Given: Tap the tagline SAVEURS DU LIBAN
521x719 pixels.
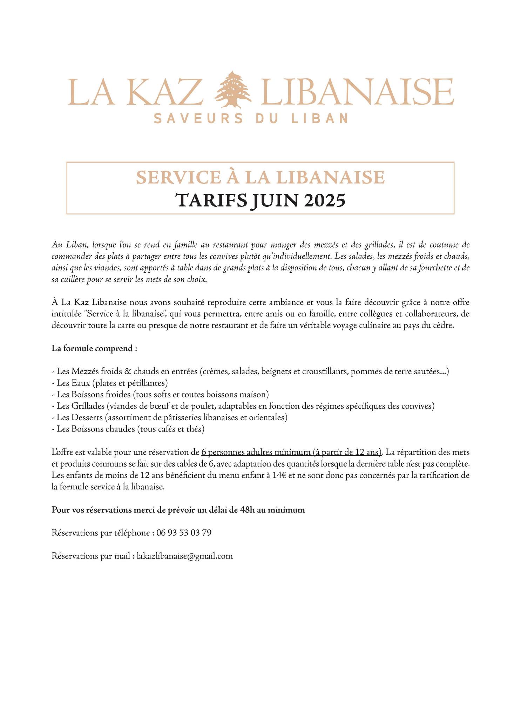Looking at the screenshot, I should pos(251,118).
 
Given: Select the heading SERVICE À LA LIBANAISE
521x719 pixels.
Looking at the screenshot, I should pos(260,177).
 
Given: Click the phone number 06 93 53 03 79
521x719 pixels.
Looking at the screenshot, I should pos(184,533).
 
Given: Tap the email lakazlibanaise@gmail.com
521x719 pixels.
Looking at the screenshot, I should pos(185,556).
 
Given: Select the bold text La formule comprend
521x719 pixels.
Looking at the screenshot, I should pos(94,349).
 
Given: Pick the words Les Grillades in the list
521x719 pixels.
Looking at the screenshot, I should pos(81,406).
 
